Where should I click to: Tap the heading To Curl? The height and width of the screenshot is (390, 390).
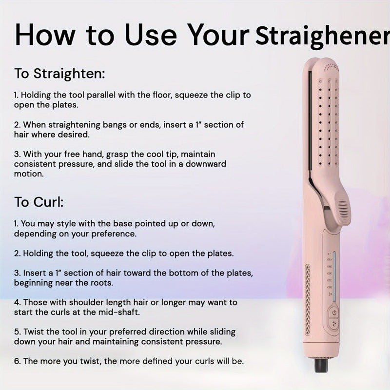tap(39, 202)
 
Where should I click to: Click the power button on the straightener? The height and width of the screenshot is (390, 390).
tap(334, 312)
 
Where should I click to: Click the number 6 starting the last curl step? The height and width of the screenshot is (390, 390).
tap(17, 361)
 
